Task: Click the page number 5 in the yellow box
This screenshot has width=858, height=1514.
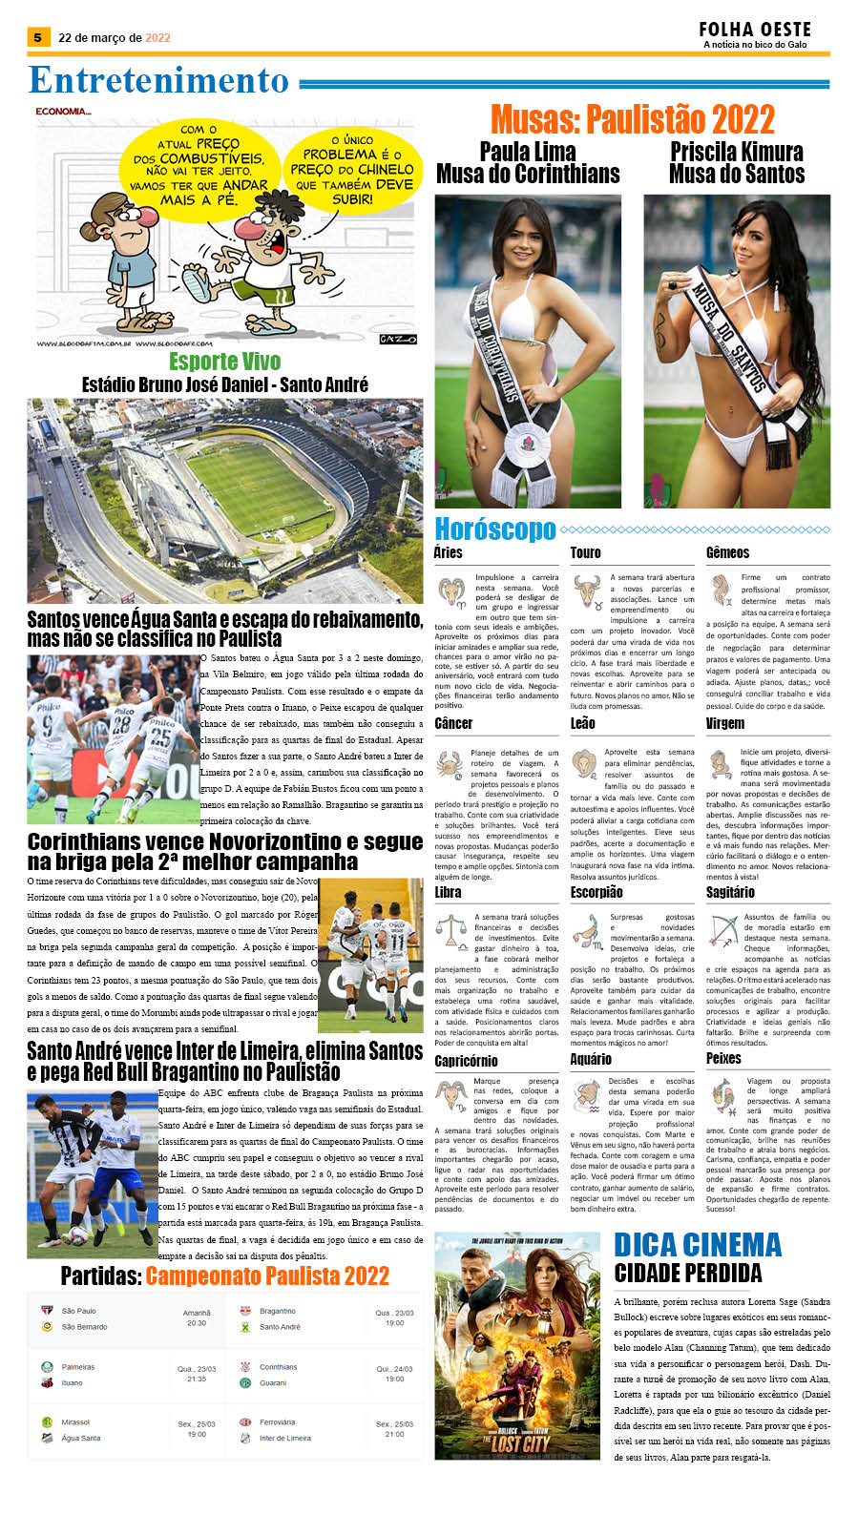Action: [37, 38]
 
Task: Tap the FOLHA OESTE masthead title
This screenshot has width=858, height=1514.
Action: [754, 30]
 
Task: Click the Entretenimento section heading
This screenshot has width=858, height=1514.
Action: [158, 81]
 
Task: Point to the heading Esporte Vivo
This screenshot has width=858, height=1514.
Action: [224, 362]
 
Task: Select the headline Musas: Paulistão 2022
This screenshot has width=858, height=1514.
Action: [632, 120]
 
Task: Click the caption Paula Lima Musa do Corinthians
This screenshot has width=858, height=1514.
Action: [528, 163]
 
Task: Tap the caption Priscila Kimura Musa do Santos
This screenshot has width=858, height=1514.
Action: [736, 163]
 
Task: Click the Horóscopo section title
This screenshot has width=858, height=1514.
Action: [494, 529]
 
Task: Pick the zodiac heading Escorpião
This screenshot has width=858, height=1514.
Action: [596, 892]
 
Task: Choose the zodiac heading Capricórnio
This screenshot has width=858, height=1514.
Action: [466, 1061]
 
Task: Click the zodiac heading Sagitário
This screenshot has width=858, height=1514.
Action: [730, 892]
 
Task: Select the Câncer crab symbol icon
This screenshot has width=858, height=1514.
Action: [450, 764]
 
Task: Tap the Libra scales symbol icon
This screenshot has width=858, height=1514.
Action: [450, 929]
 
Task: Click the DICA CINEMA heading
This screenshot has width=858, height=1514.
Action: [698, 1245]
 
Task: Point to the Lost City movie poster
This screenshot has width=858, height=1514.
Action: [518, 1345]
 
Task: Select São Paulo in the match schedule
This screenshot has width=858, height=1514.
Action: [78, 1311]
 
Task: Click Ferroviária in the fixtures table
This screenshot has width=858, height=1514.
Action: [277, 1422]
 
